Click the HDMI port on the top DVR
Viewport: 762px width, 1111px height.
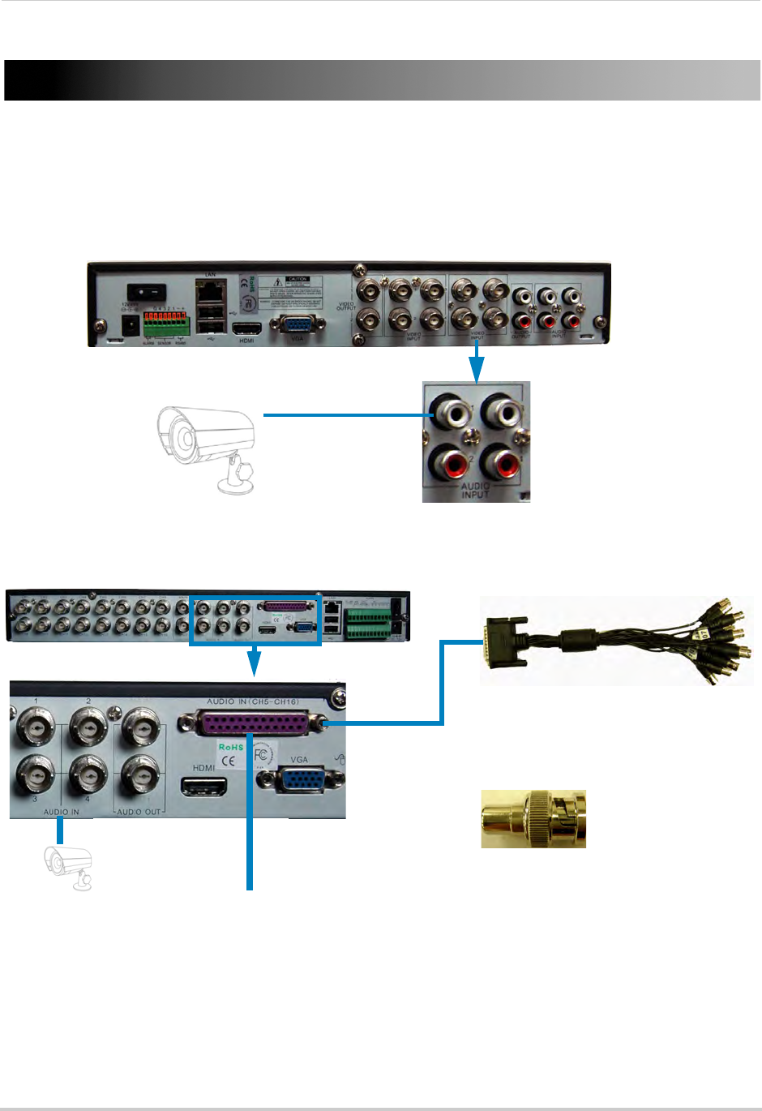tap(246, 328)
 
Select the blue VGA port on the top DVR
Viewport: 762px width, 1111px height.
tap(298, 325)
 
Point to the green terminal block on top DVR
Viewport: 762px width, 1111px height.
tap(165, 326)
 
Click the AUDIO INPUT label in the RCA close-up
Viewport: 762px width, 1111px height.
tap(475, 490)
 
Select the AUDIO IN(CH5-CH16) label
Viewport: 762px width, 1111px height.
tap(252, 701)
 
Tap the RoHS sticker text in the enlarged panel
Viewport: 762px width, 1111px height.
tap(230, 747)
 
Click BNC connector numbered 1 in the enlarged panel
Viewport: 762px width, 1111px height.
tap(36, 730)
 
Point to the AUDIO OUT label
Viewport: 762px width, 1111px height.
tap(139, 812)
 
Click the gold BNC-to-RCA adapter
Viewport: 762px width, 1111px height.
tap(533, 819)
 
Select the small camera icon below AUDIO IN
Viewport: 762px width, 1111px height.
tap(68, 868)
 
